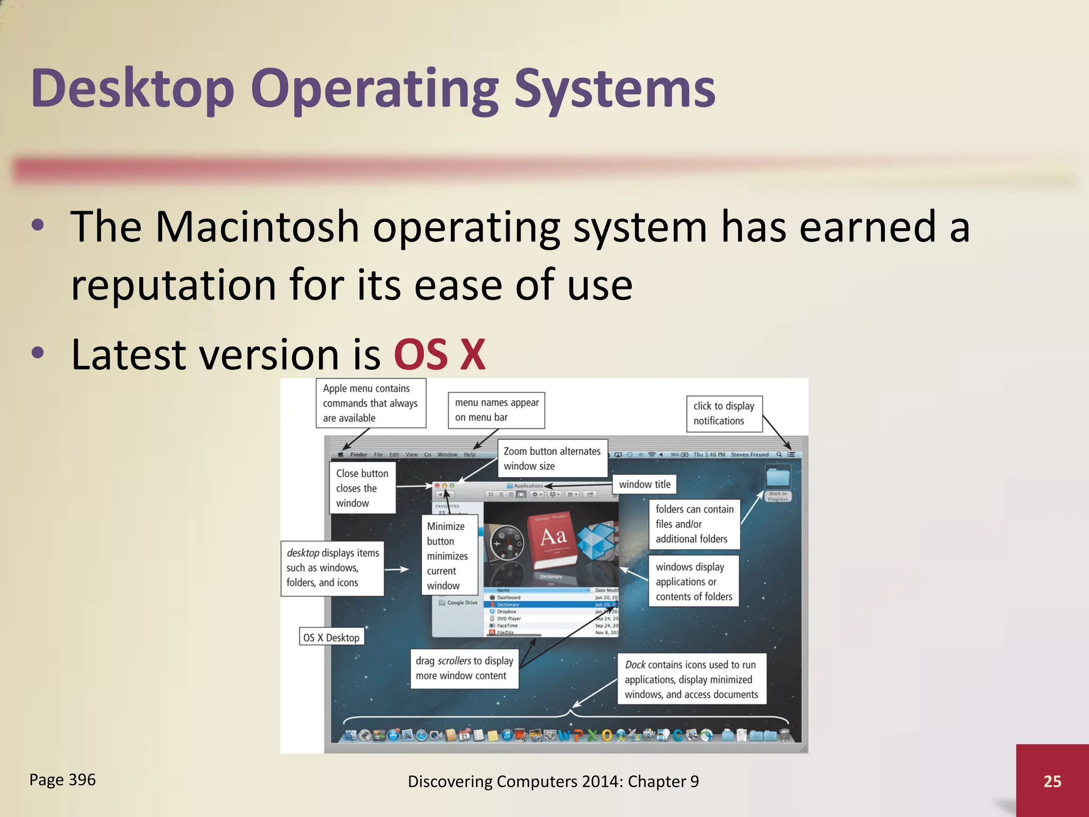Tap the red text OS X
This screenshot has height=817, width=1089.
pyautogui.click(x=440, y=355)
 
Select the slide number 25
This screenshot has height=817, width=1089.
pyautogui.click(x=1052, y=781)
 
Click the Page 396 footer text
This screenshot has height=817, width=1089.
pyautogui.click(x=63, y=780)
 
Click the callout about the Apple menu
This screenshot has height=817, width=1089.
pyautogui.click(x=370, y=403)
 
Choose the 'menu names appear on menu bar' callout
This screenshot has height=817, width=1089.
pyautogui.click(x=496, y=410)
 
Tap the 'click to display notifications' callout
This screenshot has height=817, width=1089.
pyautogui.click(x=724, y=413)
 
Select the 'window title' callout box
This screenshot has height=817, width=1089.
pyautogui.click(x=644, y=484)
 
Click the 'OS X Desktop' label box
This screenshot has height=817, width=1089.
pyautogui.click(x=331, y=637)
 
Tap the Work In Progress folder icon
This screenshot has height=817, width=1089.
pyautogui.click(x=778, y=479)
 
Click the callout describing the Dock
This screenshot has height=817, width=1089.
pyautogui.click(x=691, y=679)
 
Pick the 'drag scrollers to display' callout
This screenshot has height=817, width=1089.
pyautogui.click(x=464, y=668)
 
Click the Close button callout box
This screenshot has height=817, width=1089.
pyautogui.click(x=362, y=488)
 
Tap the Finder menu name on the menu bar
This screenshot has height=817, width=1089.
pyautogui.click(x=358, y=455)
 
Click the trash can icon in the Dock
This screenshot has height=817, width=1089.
pyautogui.click(x=784, y=736)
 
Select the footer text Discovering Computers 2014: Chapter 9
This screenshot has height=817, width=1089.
pyautogui.click(x=553, y=781)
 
